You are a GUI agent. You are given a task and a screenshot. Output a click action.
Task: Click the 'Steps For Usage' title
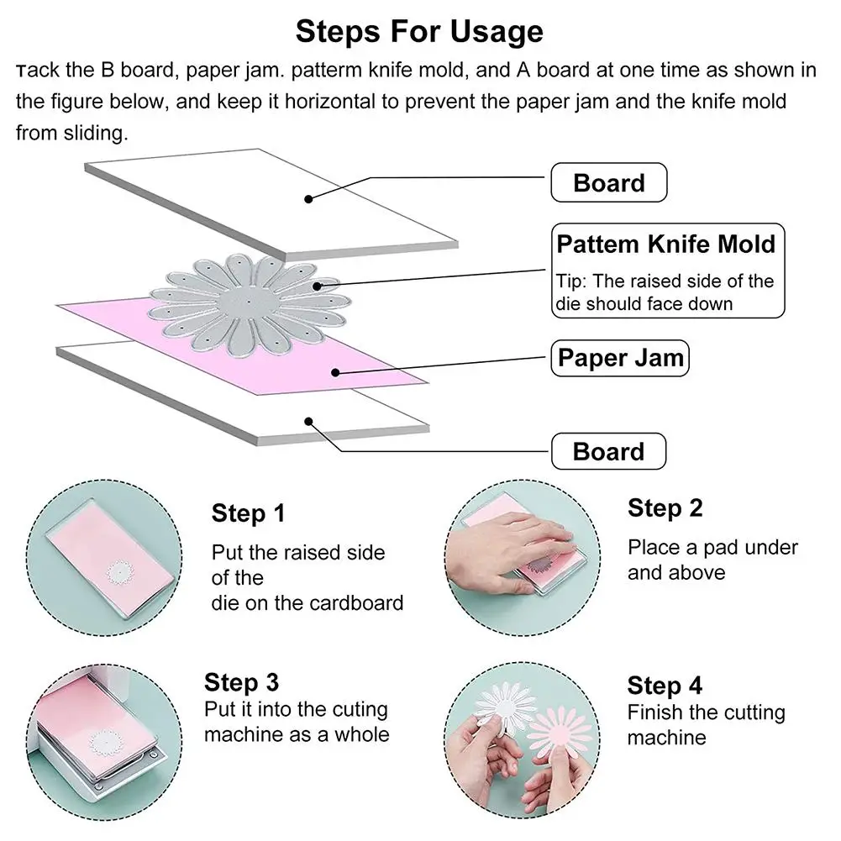pyautogui.click(x=419, y=31)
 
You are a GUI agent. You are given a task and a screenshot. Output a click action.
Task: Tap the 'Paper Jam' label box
pyautogui.click(x=620, y=358)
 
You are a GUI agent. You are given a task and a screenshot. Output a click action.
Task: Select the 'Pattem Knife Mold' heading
pyautogui.click(x=666, y=244)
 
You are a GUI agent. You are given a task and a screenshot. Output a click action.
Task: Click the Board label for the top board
pyautogui.click(x=609, y=183)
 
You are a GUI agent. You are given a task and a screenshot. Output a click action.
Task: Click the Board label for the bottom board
pyautogui.click(x=609, y=452)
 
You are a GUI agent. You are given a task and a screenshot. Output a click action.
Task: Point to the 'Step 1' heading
pyautogui.click(x=248, y=514)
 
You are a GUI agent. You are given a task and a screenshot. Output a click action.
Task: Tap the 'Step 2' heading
pyautogui.click(x=665, y=508)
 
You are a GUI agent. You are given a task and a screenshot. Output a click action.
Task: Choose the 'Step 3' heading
pyautogui.click(x=241, y=683)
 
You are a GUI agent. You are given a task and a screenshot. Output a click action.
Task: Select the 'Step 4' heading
pyautogui.click(x=665, y=686)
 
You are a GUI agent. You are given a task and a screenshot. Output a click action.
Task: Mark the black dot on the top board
pyautogui.click(x=308, y=199)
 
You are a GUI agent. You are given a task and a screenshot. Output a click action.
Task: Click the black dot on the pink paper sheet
pyautogui.click(x=335, y=372)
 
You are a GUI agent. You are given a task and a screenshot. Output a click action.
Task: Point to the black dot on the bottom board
pyautogui.click(x=308, y=422)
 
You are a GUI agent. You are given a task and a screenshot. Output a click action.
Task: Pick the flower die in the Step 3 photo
pyautogui.click(x=104, y=743)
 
